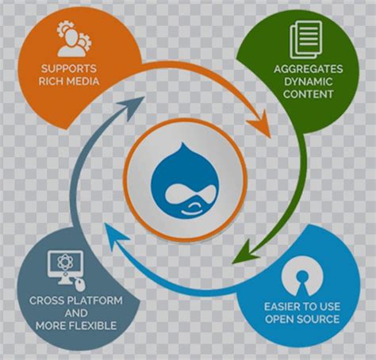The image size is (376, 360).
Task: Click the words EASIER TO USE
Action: tap(302, 305)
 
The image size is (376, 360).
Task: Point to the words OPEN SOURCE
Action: tap(302, 319)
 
